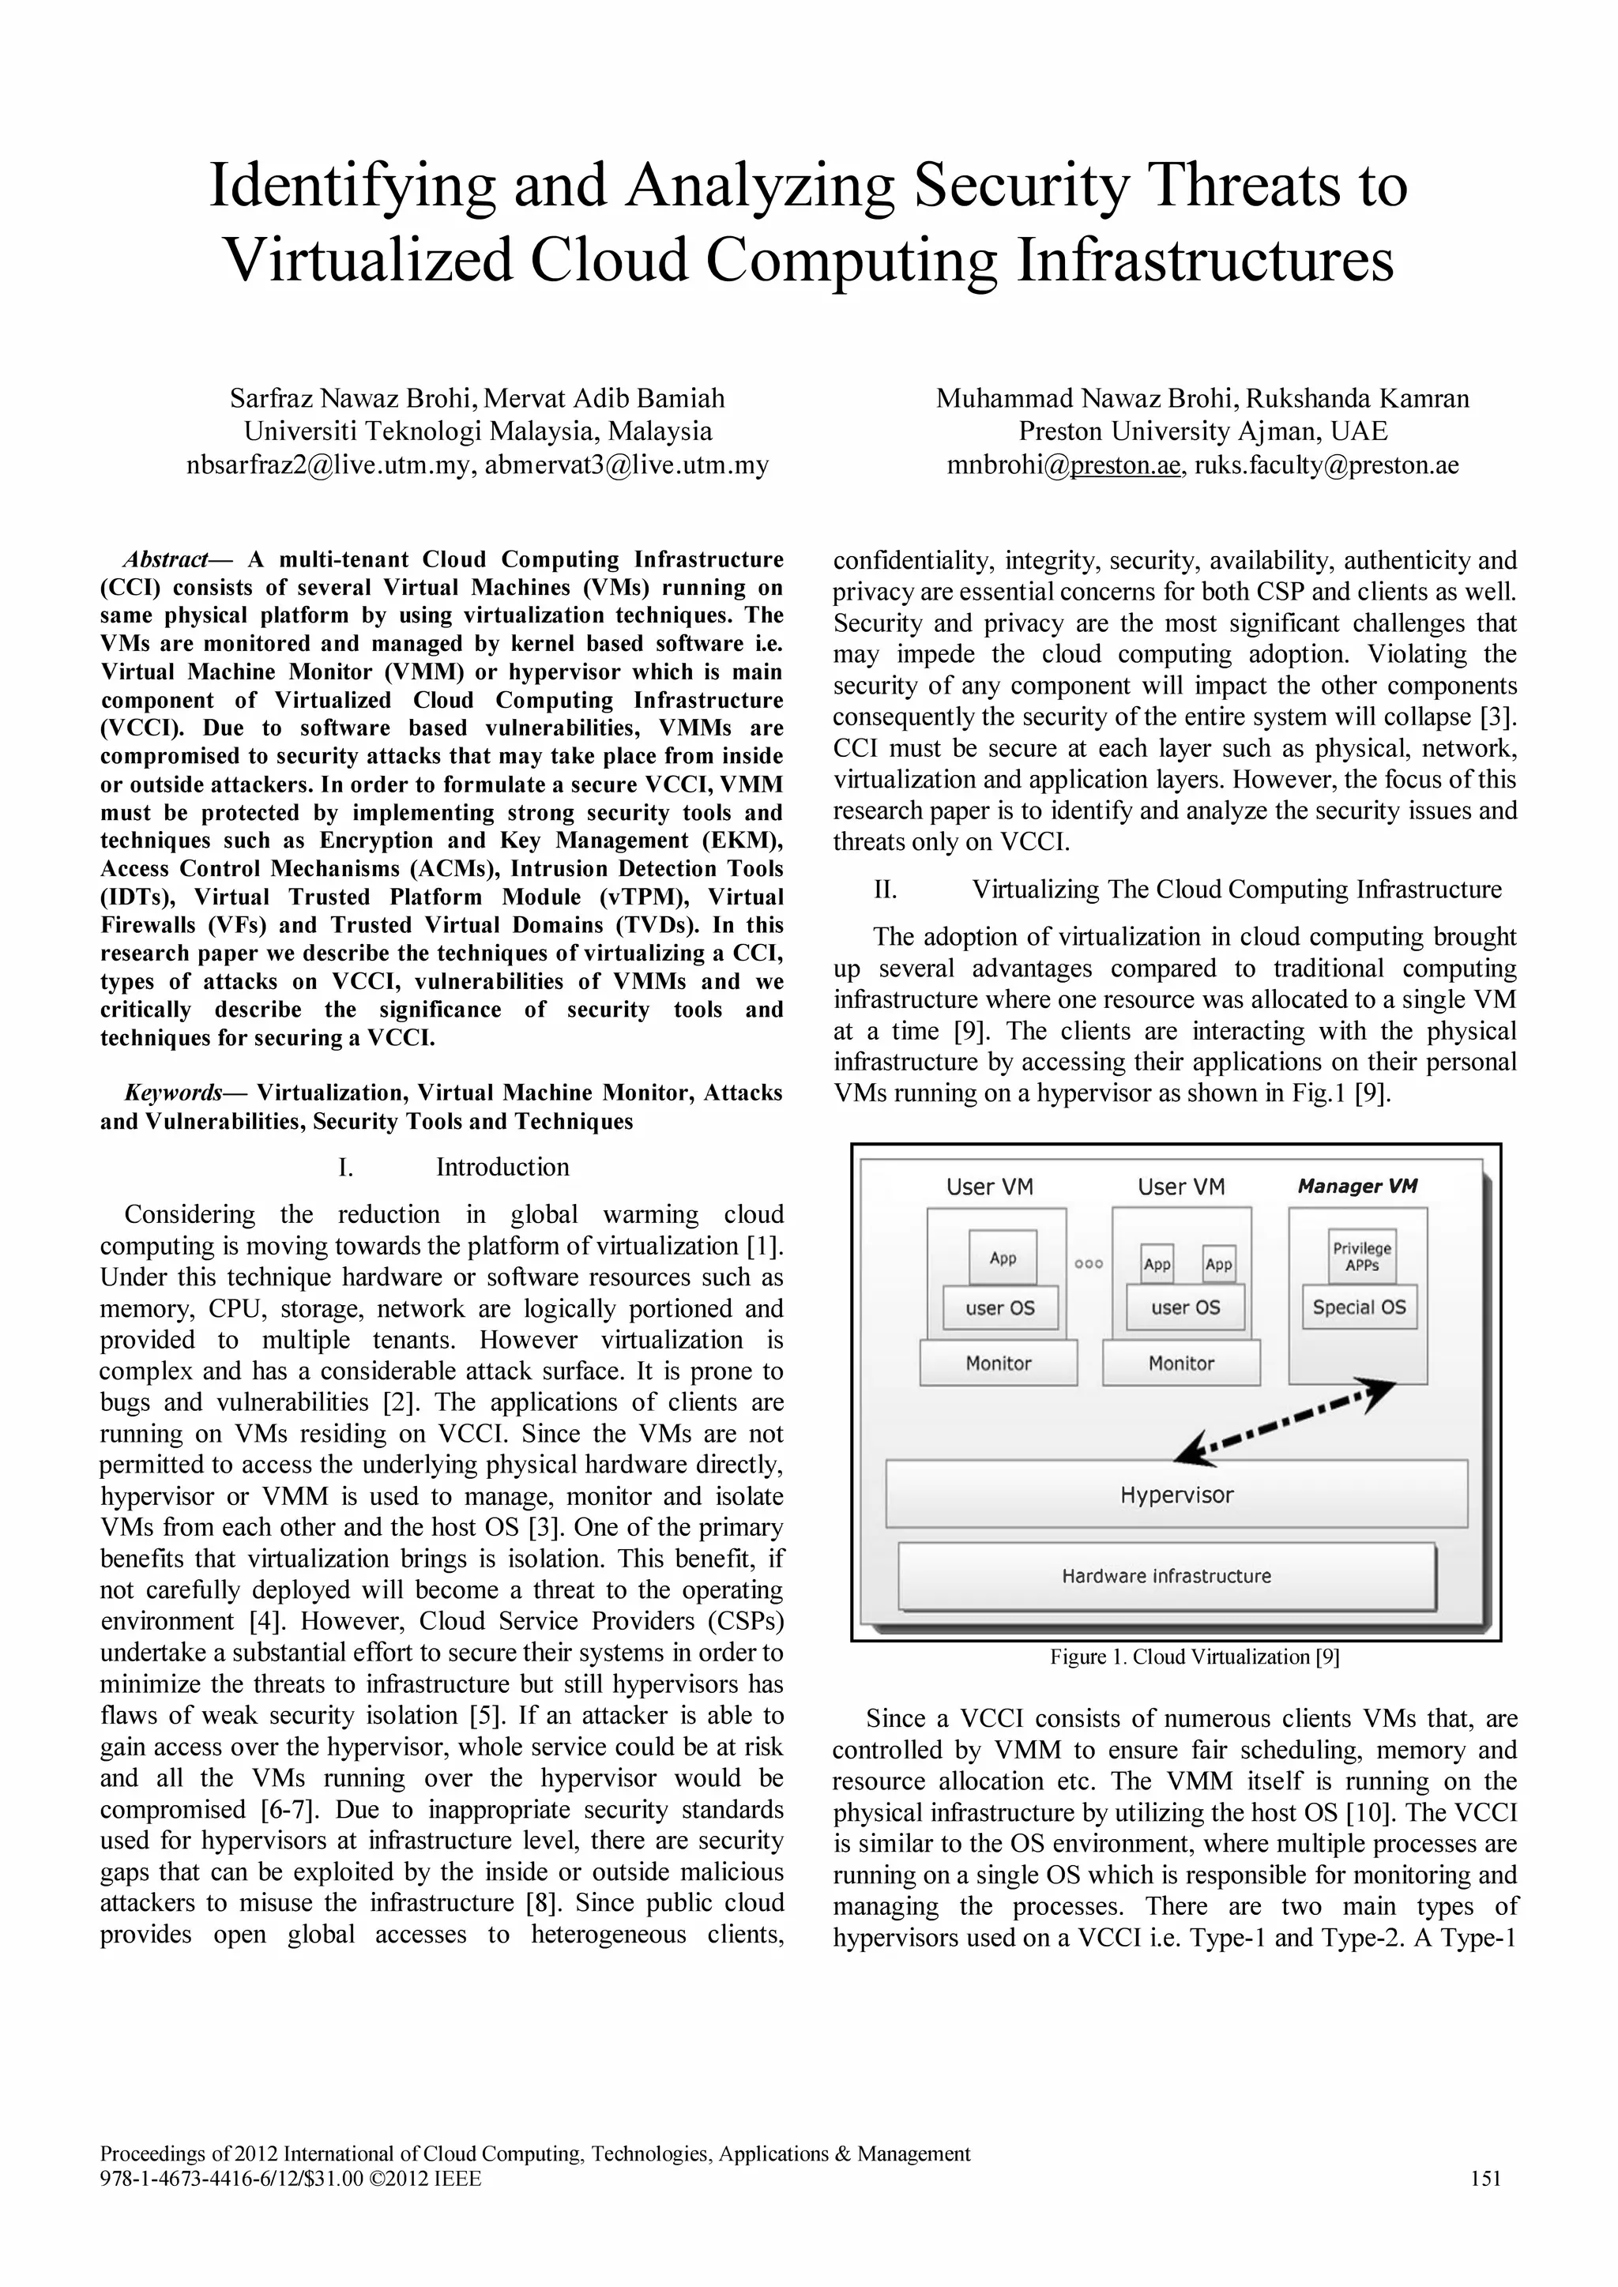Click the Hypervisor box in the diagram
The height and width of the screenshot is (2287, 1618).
(x=1176, y=1494)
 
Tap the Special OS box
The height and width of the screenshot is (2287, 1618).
(x=1358, y=1307)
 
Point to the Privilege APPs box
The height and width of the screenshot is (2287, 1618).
(x=1361, y=1256)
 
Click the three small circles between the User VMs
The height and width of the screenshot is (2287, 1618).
(x=1088, y=1263)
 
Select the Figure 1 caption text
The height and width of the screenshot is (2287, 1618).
(x=1194, y=1657)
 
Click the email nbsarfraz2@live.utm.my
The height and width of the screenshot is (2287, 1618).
(x=329, y=465)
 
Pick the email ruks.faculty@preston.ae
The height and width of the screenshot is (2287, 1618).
(x=1326, y=465)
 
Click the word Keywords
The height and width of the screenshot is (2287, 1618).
(x=173, y=1093)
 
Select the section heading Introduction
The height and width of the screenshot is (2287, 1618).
(x=502, y=1167)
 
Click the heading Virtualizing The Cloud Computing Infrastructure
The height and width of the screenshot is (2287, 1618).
(x=1236, y=889)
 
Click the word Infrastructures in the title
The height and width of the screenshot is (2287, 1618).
(x=1205, y=260)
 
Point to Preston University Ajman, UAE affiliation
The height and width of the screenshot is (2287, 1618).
(x=1202, y=431)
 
